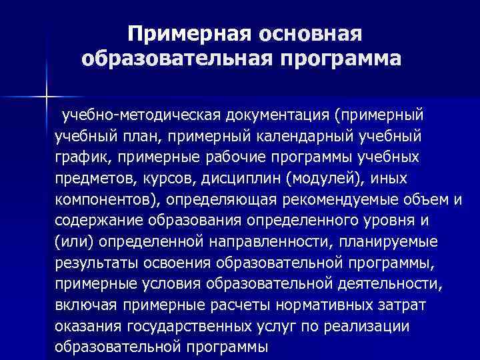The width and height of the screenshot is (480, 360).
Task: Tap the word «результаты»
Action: pyautogui.click(x=95, y=264)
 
